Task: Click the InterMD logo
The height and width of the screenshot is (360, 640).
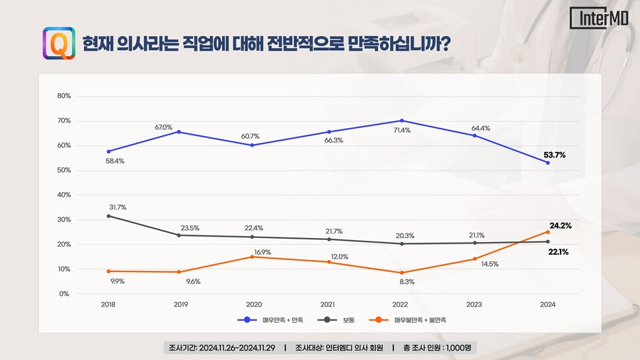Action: (x=599, y=19)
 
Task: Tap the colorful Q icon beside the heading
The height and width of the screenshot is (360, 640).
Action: (x=59, y=43)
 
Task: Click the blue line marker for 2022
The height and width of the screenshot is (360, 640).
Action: (x=402, y=121)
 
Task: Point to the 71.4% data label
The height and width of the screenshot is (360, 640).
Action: (x=402, y=131)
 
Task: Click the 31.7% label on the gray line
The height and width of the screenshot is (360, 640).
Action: (x=117, y=207)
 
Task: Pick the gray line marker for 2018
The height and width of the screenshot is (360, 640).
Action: (x=109, y=216)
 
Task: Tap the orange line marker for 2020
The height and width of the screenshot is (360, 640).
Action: (x=252, y=257)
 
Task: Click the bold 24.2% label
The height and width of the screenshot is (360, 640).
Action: (x=560, y=225)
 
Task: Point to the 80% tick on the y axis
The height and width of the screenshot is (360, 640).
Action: (x=64, y=96)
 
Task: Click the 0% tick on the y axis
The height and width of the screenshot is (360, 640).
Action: (x=64, y=294)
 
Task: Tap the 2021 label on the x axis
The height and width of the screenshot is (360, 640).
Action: (x=328, y=304)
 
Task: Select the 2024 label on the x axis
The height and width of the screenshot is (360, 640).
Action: (x=547, y=304)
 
